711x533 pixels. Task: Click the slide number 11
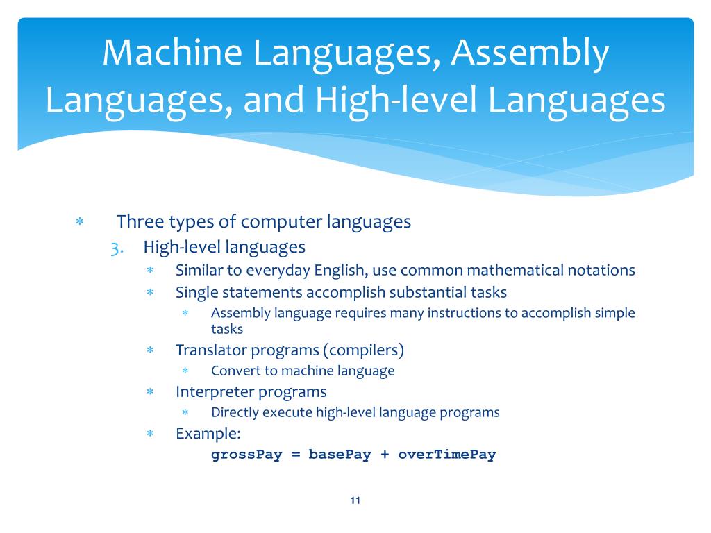[x=355, y=501]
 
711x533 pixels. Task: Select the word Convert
[x=235, y=371]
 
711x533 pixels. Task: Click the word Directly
[x=237, y=412]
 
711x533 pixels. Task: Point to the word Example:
[x=208, y=434]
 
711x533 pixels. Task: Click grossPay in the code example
[x=246, y=455]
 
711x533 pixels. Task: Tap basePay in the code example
[x=340, y=455]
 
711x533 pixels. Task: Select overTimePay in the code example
[x=447, y=455]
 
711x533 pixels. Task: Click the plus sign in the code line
[x=385, y=455]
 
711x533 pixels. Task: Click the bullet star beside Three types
[x=80, y=222]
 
